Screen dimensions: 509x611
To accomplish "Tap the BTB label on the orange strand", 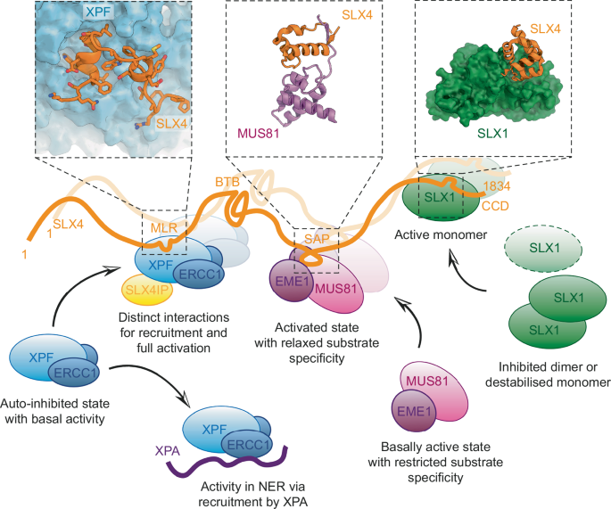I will (225, 181).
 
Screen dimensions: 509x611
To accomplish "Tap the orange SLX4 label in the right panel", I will (547, 29).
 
